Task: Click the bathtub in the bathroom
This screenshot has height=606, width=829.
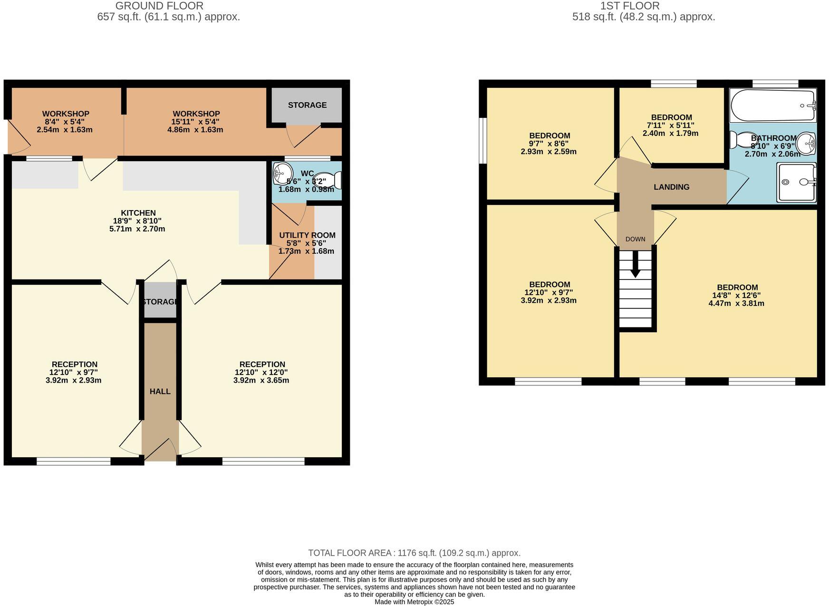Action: click(772, 106)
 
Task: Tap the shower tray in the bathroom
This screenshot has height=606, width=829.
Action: click(796, 182)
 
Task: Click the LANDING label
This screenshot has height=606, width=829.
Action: click(671, 187)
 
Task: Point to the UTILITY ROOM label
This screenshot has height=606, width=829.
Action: click(307, 235)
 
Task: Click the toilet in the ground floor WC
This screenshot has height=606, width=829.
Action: click(331, 181)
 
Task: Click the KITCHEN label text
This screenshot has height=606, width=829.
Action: click(138, 213)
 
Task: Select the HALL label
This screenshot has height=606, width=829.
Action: click(160, 392)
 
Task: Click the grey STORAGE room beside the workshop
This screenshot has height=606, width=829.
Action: click(307, 105)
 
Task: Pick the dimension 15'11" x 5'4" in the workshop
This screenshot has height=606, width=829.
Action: click(196, 122)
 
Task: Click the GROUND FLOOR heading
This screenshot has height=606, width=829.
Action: click(159, 6)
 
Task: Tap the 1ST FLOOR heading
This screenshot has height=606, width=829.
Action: click(630, 6)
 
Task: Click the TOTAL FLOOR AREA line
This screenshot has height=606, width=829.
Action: click(414, 553)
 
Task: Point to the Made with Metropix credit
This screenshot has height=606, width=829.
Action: click(414, 602)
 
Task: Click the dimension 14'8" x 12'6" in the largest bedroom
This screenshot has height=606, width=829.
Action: click(737, 295)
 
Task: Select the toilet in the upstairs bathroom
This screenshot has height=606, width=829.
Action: click(742, 139)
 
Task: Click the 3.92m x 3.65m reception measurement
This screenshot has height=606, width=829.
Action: click(261, 380)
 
